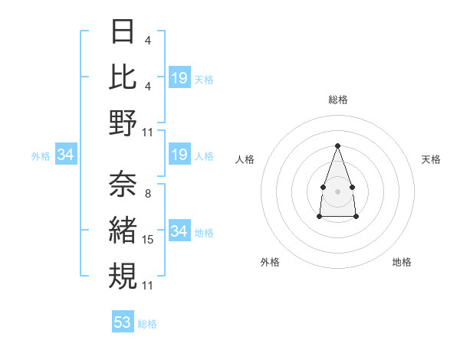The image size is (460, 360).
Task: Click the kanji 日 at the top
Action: click(123, 32)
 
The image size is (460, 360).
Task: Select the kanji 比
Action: click(123, 77)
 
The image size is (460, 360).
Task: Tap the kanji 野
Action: click(123, 123)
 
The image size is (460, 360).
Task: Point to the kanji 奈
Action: click(123, 185)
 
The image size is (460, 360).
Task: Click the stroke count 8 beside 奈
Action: click(147, 193)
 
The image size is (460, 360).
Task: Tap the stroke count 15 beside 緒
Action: click(148, 240)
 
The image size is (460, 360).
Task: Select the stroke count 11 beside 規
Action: click(148, 285)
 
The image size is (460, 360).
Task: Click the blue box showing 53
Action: click(123, 322)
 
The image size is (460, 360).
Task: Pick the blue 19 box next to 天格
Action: click(179, 77)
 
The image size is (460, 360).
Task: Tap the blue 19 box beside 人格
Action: click(179, 155)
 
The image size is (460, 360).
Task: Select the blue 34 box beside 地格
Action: click(179, 231)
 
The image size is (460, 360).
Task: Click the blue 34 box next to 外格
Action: click(66, 155)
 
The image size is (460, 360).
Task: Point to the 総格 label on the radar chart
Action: click(337, 100)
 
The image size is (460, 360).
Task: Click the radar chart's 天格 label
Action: click(431, 159)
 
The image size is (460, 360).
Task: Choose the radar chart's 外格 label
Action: click(270, 262)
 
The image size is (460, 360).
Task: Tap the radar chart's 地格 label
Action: click(402, 262)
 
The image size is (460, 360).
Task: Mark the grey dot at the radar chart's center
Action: click(337, 190)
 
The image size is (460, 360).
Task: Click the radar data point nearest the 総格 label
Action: click(337, 146)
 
